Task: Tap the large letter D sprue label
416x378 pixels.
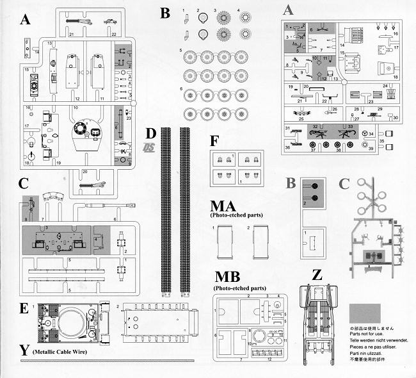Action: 150,134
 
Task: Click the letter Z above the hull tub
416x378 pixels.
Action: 316,275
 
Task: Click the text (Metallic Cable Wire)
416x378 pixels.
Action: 64,352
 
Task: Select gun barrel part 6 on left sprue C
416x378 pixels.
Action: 109,205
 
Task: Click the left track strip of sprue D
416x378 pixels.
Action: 166,211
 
